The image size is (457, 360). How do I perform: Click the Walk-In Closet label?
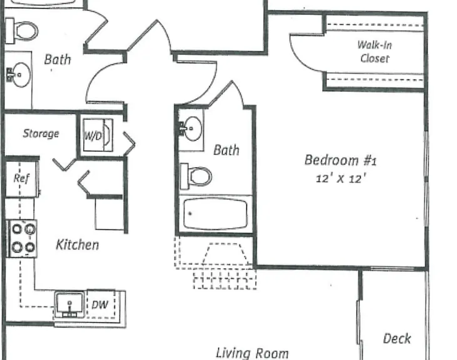click(x=374, y=51)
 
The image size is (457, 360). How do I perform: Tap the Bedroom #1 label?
click(x=341, y=160)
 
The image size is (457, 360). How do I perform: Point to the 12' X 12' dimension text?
click(x=341, y=178)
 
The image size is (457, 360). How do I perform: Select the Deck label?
click(x=397, y=339)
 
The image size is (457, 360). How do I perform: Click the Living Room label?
click(x=252, y=353)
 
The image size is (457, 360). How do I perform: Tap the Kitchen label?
click(x=78, y=244)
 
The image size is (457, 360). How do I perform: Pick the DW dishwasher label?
click(x=99, y=305)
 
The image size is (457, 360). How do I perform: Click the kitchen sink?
click(x=69, y=304)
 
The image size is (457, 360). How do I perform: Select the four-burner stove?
click(x=23, y=239)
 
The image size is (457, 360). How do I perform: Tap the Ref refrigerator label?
click(x=21, y=178)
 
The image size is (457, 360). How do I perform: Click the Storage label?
click(x=41, y=133)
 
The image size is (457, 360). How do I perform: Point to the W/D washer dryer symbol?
click(x=98, y=135)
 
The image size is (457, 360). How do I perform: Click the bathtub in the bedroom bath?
click(x=215, y=214)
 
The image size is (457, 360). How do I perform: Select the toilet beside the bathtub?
click(x=196, y=176)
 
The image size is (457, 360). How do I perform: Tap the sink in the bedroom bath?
click(x=190, y=129)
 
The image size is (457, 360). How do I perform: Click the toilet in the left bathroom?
click(x=21, y=31)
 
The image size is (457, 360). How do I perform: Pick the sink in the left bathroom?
click(x=18, y=75)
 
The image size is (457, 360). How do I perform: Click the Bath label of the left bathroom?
click(x=58, y=60)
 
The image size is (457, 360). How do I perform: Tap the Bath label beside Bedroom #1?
click(x=226, y=150)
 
